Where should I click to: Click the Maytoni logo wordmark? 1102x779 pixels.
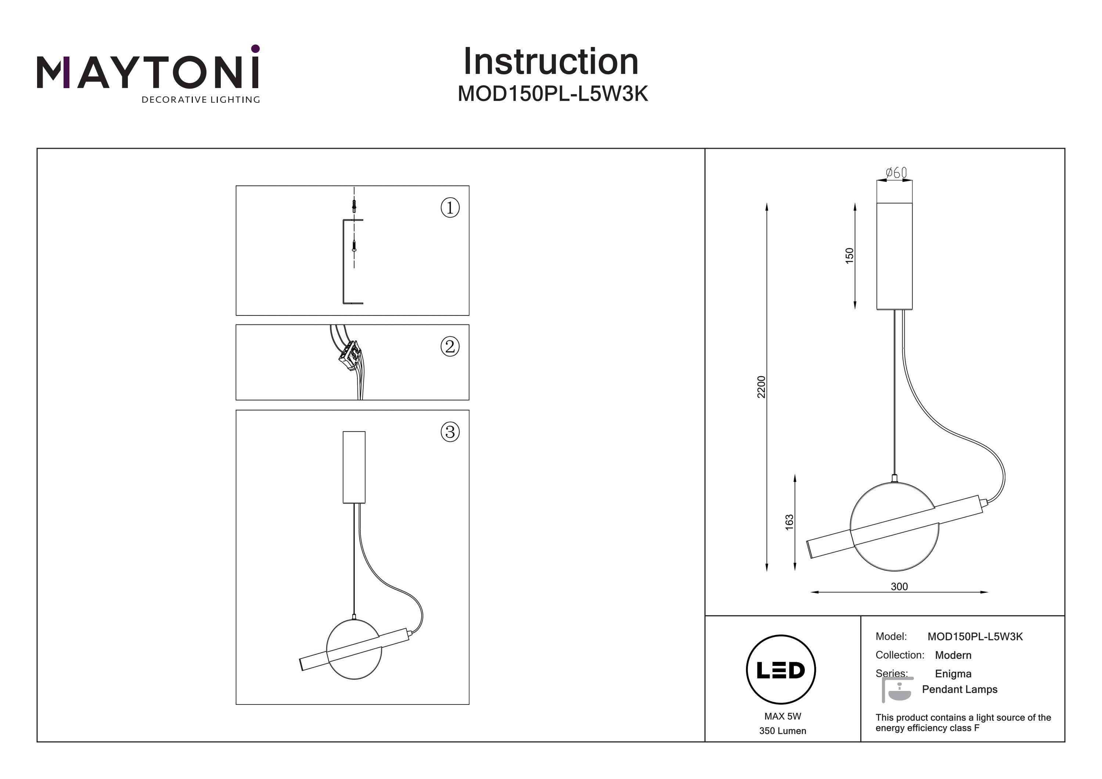[148, 72]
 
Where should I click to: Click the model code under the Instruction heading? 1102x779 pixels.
[552, 94]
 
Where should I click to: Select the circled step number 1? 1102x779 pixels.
[450, 208]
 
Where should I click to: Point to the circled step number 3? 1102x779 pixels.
[450, 432]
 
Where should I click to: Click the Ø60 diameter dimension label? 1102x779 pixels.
[896, 172]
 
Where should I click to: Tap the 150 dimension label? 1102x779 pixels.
[849, 255]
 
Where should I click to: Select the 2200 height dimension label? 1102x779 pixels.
[761, 387]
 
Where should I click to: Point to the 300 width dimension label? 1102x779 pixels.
[899, 587]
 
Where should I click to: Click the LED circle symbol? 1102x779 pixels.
[781, 670]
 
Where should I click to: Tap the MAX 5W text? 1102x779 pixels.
[782, 716]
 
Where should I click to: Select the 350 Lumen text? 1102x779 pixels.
[782, 731]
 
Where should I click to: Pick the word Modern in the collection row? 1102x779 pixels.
[953, 655]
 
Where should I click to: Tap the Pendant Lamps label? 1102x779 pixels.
[959, 689]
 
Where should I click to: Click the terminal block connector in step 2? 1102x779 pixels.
[351, 357]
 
